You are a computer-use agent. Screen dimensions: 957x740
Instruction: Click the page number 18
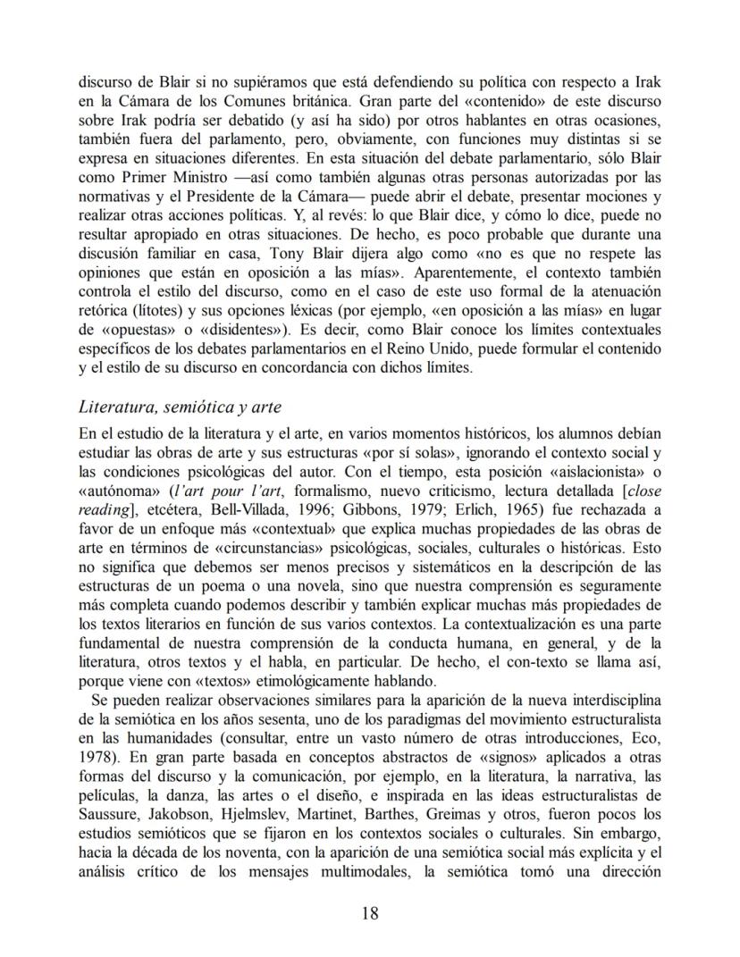tap(370, 912)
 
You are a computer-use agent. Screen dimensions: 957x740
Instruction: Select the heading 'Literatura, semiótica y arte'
tap(180, 407)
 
